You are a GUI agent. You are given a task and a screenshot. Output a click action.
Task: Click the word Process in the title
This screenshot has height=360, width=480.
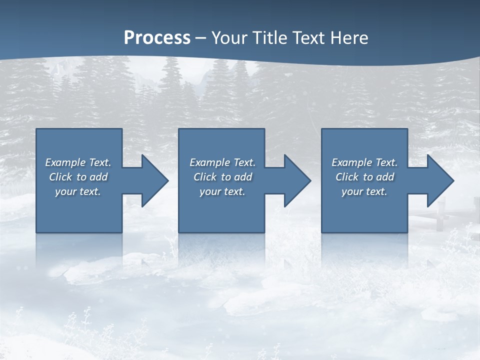pyautogui.click(x=157, y=38)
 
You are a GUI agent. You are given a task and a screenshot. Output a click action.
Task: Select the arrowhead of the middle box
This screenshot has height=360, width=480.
pyautogui.click(x=296, y=180)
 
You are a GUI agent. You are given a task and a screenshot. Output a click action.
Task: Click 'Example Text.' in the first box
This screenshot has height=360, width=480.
pyautogui.click(x=78, y=162)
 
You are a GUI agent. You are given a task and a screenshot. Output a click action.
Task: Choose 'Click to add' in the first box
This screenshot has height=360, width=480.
pyautogui.click(x=78, y=177)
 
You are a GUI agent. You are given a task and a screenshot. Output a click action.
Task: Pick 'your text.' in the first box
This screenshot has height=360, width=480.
pyautogui.click(x=78, y=191)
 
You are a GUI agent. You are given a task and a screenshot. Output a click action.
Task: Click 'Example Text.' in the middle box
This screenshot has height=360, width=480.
pyautogui.click(x=222, y=162)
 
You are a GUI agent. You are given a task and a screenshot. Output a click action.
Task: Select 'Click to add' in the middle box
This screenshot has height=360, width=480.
pyautogui.click(x=222, y=177)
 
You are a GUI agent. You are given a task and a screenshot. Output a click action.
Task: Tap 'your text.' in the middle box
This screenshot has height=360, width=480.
pyautogui.click(x=222, y=191)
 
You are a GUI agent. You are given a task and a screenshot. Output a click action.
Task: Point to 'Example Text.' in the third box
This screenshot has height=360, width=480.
pyautogui.click(x=364, y=162)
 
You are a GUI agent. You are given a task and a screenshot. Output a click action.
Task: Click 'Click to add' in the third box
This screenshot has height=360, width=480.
pyautogui.click(x=364, y=177)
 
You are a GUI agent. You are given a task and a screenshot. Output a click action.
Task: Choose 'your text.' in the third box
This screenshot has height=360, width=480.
pyautogui.click(x=364, y=191)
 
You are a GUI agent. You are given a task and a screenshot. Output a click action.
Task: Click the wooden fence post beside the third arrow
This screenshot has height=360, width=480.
pyautogui.click(x=440, y=215)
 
